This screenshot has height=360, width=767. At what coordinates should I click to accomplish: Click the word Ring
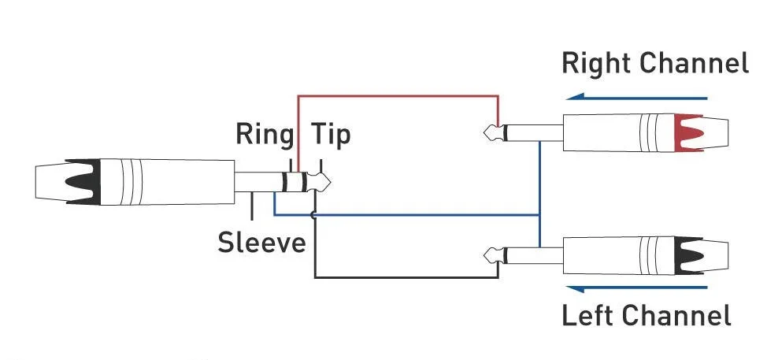263,135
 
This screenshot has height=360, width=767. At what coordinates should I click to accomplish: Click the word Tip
331,135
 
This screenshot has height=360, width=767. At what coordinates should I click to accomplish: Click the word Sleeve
261,241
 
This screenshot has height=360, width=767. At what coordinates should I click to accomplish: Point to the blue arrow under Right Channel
639,98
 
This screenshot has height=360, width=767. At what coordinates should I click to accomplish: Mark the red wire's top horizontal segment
398,96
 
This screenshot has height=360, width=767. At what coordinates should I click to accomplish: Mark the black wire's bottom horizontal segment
406,277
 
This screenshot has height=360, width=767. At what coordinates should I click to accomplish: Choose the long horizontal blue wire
417,214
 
